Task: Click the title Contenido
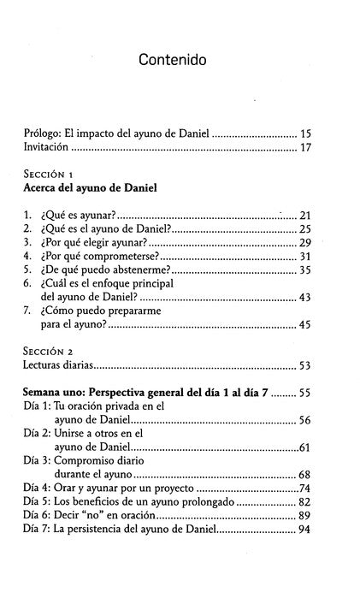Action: tap(180, 61)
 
